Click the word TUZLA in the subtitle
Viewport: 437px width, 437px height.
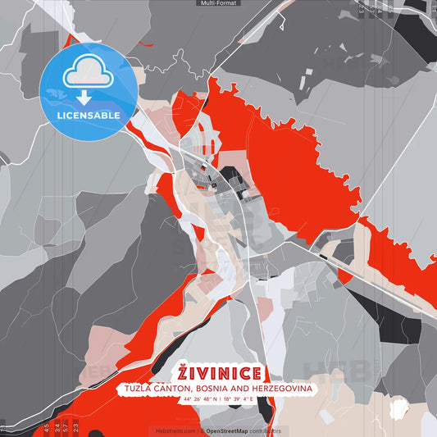[x=140, y=388]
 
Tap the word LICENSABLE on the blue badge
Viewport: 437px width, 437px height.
[x=89, y=116]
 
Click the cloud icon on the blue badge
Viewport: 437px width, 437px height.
[x=89, y=73]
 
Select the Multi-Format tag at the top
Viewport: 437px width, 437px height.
[x=218, y=3]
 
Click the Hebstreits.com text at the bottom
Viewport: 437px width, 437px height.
[x=174, y=430]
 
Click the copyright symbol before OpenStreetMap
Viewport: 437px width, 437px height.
[x=202, y=430]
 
